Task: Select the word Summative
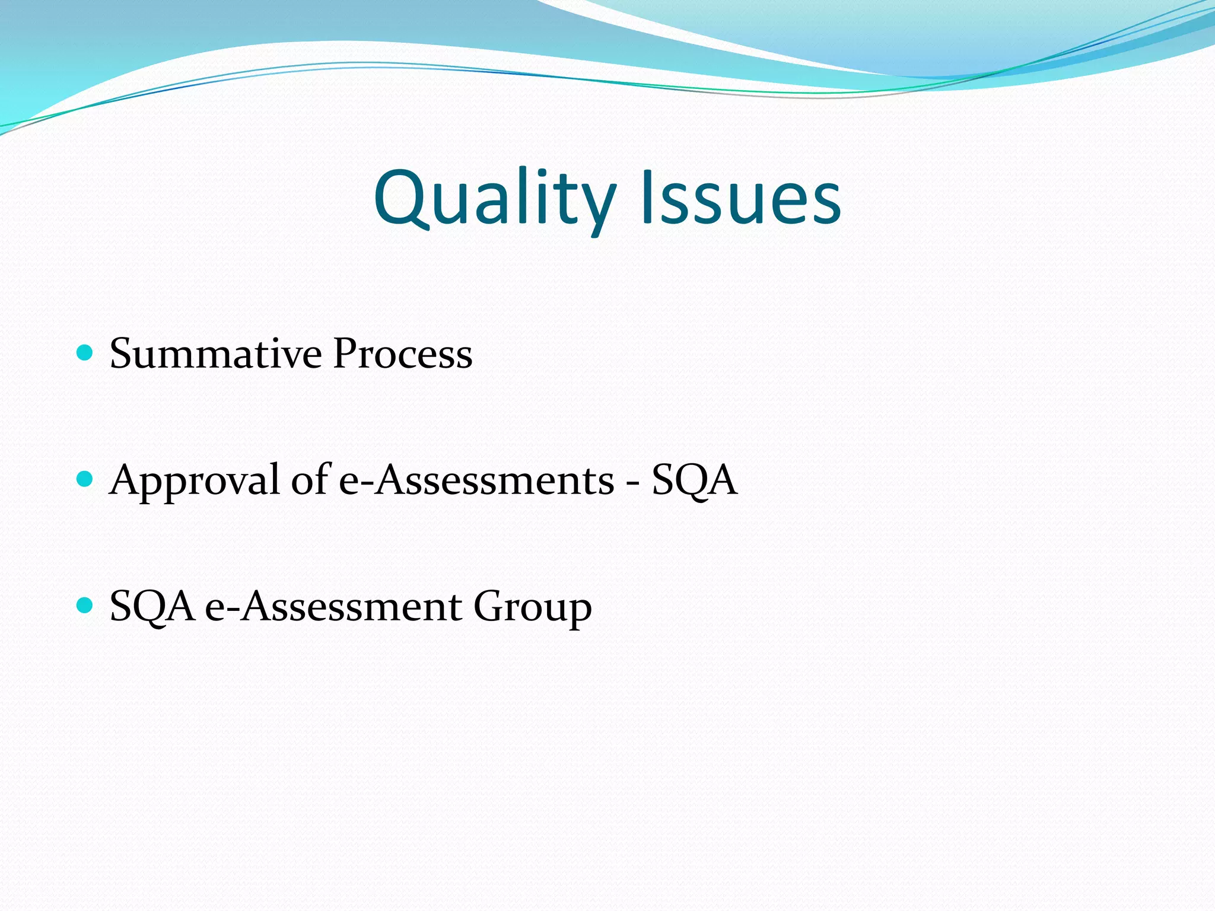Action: click(215, 354)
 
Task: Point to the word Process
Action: click(403, 354)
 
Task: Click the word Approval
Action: click(195, 480)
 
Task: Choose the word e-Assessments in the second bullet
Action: click(476, 480)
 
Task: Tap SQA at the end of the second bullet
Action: click(694, 480)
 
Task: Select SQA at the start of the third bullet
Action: click(152, 607)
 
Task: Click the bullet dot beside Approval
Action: click(85, 479)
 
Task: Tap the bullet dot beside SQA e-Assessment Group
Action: click(85, 606)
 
